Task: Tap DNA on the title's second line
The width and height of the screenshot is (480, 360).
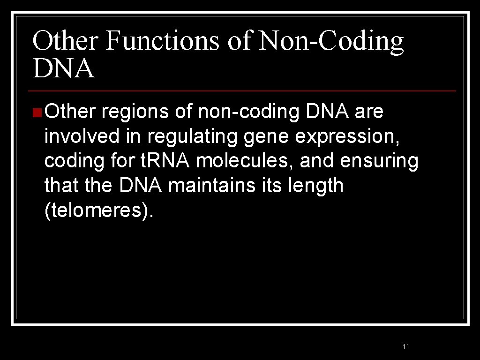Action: point(63,68)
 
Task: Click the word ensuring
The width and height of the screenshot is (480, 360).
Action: point(379,162)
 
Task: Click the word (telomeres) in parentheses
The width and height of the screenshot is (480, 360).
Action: point(98,210)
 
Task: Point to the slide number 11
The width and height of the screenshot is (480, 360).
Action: point(406,346)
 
